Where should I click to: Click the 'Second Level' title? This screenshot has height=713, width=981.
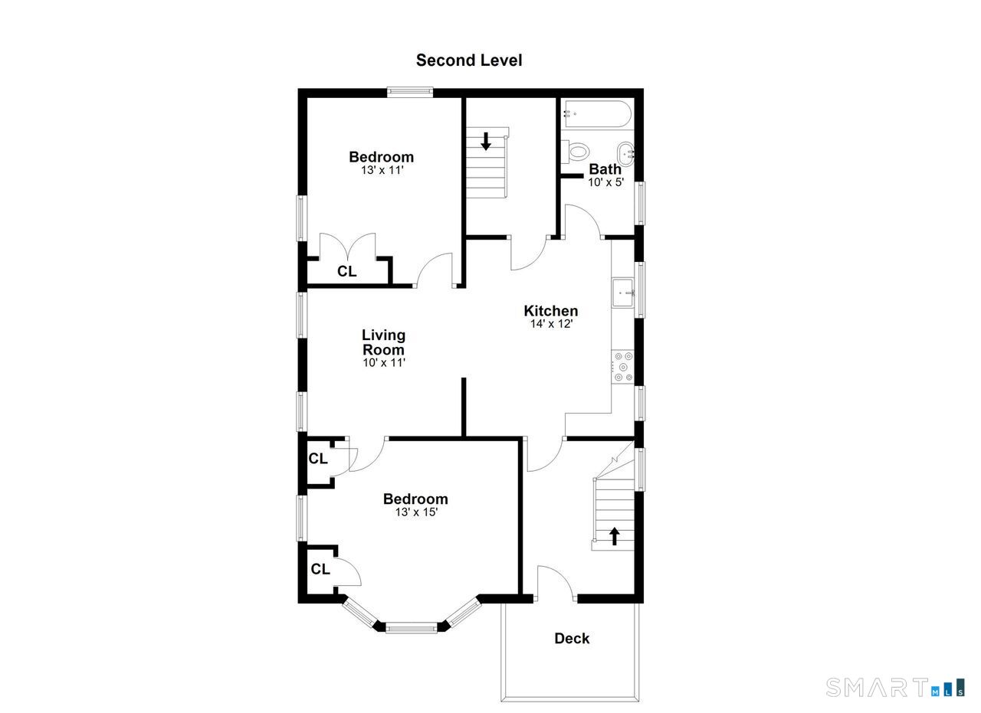pyautogui.click(x=468, y=61)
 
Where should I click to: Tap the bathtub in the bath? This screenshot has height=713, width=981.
pyautogui.click(x=597, y=114)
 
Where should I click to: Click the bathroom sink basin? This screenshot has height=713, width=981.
pyautogui.click(x=625, y=154)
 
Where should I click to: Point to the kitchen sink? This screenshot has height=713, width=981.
pyautogui.click(x=622, y=293)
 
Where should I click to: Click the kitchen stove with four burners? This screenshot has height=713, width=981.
pyautogui.click(x=623, y=367)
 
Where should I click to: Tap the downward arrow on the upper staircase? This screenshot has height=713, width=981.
pyautogui.click(x=486, y=142)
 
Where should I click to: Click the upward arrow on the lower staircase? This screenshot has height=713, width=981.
pyautogui.click(x=615, y=536)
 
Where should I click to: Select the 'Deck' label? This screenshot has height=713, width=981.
pyautogui.click(x=572, y=639)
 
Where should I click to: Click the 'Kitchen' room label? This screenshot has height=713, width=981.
pyautogui.click(x=551, y=311)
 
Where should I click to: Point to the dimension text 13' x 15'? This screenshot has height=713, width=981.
pyautogui.click(x=416, y=512)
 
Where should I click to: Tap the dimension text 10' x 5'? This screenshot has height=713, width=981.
pyautogui.click(x=605, y=182)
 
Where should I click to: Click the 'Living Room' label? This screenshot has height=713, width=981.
pyautogui.click(x=383, y=342)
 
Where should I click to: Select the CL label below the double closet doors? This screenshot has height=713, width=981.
pyautogui.click(x=346, y=271)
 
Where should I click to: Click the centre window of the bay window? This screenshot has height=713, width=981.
pyautogui.click(x=412, y=628)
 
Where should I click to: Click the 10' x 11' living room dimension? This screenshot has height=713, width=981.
pyautogui.click(x=384, y=363)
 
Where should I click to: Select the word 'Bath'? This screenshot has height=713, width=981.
pyautogui.click(x=605, y=169)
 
